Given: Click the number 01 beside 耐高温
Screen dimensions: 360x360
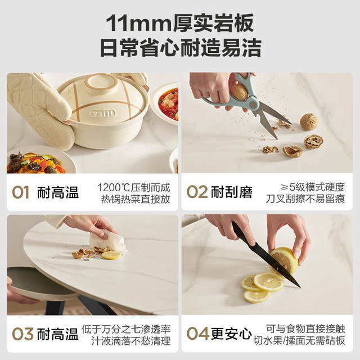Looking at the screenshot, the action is pyautogui.click(x=21, y=192).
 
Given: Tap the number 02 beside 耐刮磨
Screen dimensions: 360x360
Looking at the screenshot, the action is pyautogui.click(x=197, y=192).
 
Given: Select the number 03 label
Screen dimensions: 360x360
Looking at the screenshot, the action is pyautogui.click(x=22, y=334).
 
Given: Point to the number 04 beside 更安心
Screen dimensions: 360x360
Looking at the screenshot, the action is pyautogui.click(x=197, y=334).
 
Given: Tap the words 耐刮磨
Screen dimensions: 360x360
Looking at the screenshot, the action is pyautogui.click(x=232, y=192).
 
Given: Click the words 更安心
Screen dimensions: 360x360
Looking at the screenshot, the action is pyautogui.click(x=231, y=334).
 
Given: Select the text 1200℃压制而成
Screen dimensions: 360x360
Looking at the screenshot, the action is pyautogui.click(x=134, y=187).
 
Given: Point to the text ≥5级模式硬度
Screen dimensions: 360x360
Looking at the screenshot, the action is pyautogui.click(x=313, y=187).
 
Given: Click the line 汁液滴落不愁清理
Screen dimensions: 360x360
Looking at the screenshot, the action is pyautogui.click(x=131, y=341).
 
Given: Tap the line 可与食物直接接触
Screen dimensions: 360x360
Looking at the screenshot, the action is pyautogui.click(x=305, y=328).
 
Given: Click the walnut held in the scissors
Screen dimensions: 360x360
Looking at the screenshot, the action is pyautogui.click(x=240, y=92).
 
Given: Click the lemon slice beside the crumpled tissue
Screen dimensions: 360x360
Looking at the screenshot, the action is pyautogui.click(x=111, y=255).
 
